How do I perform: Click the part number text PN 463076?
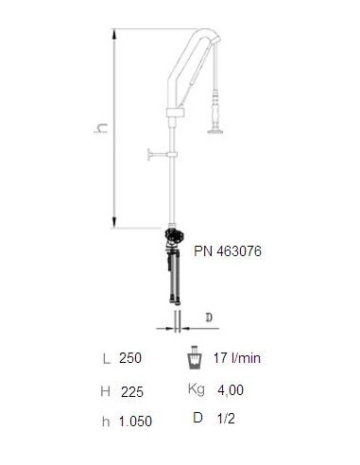click(x=228, y=251)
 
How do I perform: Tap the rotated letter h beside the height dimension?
click(x=101, y=128)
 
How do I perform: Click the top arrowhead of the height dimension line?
click(x=114, y=34)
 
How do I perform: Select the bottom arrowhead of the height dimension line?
click(x=114, y=222)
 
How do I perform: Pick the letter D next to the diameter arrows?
click(x=209, y=318)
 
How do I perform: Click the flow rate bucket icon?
click(x=194, y=357)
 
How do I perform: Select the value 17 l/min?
click(x=237, y=358)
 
